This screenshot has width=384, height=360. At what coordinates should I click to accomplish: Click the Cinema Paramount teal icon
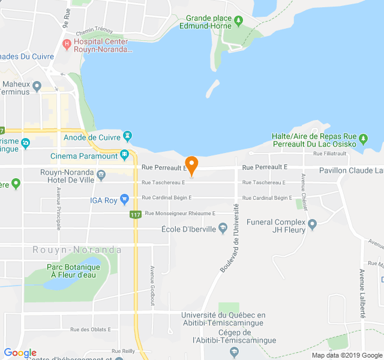pyautogui.click(x=124, y=155)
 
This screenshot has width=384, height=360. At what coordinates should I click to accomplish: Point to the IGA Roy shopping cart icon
pyautogui.click(x=124, y=199)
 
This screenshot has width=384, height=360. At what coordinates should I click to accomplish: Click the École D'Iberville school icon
pyautogui.click(x=223, y=227)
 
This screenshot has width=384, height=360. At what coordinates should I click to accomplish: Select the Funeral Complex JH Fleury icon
pyautogui.click(x=312, y=225)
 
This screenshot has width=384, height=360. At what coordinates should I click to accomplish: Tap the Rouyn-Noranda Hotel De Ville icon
pyautogui.click(x=101, y=175)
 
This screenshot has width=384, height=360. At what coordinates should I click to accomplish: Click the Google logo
pyautogui.click(x=20, y=353)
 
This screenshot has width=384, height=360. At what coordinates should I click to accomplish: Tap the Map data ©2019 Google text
pyautogui.click(x=346, y=355)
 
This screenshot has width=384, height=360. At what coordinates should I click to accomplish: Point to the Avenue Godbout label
pyautogui.click(x=152, y=286)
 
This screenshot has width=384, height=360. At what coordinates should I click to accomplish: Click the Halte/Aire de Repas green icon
pyautogui.click(x=364, y=143)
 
